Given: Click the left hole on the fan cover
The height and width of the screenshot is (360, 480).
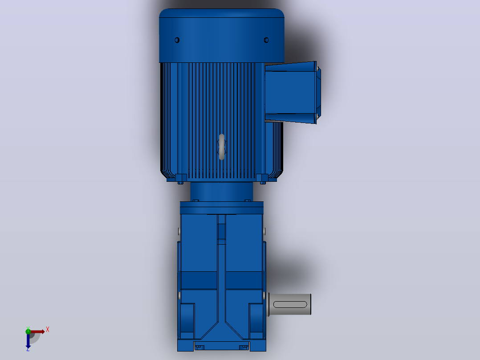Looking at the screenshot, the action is pos(177,40).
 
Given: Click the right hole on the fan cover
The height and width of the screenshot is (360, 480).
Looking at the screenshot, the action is pos(266,40).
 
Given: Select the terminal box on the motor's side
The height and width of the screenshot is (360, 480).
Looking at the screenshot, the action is pos(293,93).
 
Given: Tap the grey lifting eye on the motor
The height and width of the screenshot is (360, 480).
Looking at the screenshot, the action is pos(222,147).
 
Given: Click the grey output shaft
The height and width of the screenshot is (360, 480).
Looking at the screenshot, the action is pos(289,304).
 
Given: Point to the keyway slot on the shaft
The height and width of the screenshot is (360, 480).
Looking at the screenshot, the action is pos(290,305).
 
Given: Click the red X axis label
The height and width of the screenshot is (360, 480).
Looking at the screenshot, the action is pos(48,330).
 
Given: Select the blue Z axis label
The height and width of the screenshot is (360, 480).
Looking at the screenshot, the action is pos(28,349).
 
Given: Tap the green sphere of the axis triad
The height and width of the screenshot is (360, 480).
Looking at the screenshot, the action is pos(28,331).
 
